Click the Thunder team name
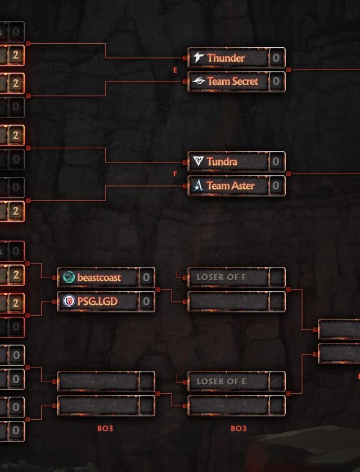pos(226,58)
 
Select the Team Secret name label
pos(232,81)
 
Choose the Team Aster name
pos(230,185)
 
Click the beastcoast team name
pos(99,277)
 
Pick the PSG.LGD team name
pos(97,301)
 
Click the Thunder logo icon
pos(199,57)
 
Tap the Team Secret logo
pos(199,81)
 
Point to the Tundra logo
pos(199,162)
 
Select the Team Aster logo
pos(198,185)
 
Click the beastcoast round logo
pos(69,277)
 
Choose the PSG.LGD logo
pos(69,301)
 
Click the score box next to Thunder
pos(276,58)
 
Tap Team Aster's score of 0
pos(276,185)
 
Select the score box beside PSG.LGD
pos(146,301)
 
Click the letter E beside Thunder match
pos(175,70)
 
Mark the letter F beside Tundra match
pos(175,174)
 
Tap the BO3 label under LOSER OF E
pos(238,428)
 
